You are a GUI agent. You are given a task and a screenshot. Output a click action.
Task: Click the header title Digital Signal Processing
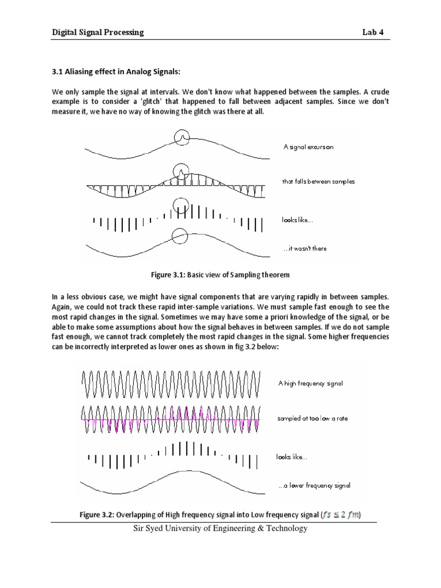pyautogui.click(x=98, y=33)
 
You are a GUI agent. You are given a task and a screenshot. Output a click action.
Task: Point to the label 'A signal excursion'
pyautogui.click(x=308, y=147)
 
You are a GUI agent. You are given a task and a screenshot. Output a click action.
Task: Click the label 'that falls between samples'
pyautogui.click(x=318, y=181)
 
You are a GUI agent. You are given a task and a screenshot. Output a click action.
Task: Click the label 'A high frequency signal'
pyautogui.click(x=311, y=384)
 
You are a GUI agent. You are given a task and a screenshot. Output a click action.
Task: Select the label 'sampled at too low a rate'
pyautogui.click(x=313, y=419)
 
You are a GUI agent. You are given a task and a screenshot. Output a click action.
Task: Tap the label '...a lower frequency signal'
pyautogui.click(x=314, y=485)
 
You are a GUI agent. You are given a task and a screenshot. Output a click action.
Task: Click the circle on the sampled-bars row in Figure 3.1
pyautogui.click(x=180, y=206)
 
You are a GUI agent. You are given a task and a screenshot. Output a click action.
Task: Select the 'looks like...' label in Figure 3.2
pyautogui.click(x=292, y=458)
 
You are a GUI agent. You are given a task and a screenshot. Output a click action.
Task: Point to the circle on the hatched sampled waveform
pyautogui.click(x=181, y=171)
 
